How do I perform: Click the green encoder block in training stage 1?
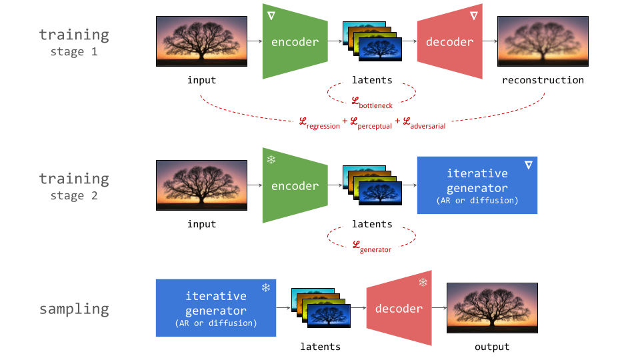pos(295,42)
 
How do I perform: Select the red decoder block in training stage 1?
pos(449,42)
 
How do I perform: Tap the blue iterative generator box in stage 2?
pos(477,185)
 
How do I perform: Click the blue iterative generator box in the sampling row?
pos(215,307)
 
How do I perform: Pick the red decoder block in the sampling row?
pos(399,309)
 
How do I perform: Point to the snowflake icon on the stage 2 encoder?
pos(271,160)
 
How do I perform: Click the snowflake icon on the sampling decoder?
pos(423,283)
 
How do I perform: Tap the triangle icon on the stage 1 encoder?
pos(271,15)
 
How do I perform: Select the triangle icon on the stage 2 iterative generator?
pos(528,165)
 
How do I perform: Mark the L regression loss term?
pos(319,123)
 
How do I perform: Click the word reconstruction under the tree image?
pos(543,80)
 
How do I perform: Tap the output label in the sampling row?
pos(492,347)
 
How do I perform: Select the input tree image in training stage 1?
pos(201,41)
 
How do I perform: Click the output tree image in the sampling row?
pos(492,308)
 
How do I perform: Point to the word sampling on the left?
pos(73,309)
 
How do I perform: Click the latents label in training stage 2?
pos(372,224)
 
